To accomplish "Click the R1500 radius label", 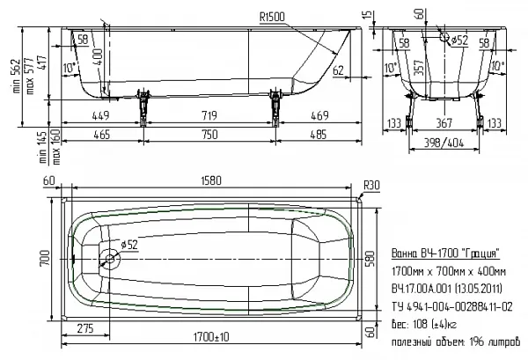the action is click(272, 18).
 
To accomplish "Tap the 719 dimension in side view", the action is click(209, 115).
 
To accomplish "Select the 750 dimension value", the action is click(209, 135).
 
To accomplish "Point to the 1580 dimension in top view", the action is click(211, 180).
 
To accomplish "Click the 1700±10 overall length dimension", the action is click(211, 336).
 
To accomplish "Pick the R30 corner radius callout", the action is click(371, 185).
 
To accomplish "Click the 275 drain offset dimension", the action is click(85, 328).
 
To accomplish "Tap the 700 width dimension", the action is click(45, 258).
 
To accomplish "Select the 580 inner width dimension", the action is click(370, 259).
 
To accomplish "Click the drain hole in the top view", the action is click(110, 259).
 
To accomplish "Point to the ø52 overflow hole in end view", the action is click(444, 37).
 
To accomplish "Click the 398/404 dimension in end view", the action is click(444, 143).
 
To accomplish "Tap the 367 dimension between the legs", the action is click(444, 123).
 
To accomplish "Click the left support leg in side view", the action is click(143, 107).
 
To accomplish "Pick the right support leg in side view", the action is click(275, 107).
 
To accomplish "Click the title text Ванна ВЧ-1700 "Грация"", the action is click(445, 253).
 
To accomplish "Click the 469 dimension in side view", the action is click(319, 115).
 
